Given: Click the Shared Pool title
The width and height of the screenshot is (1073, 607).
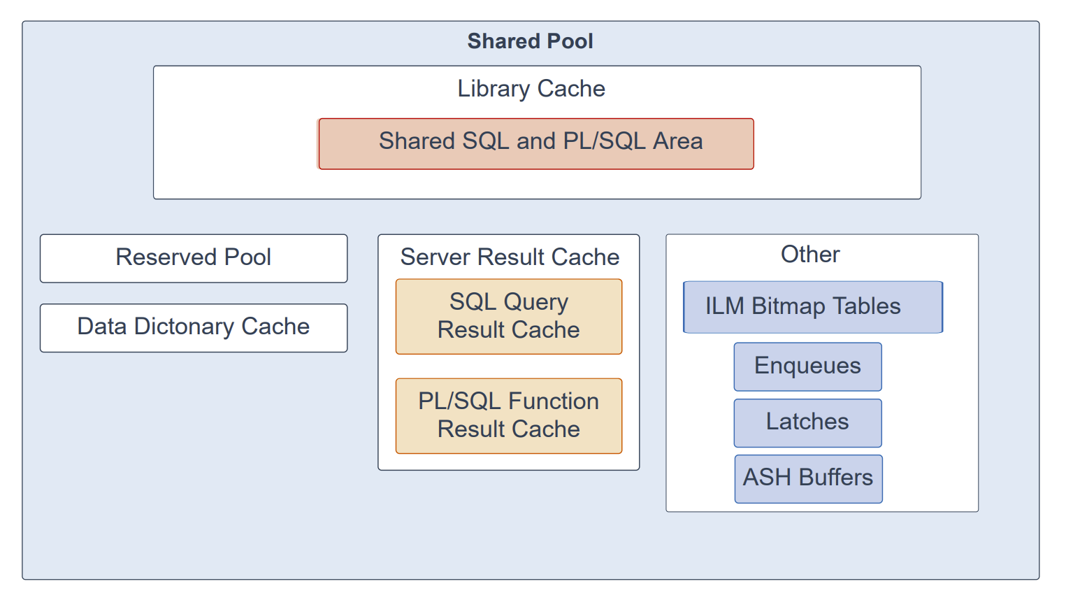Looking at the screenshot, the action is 531,41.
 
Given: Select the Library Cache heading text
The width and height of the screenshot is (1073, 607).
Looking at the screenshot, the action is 531,89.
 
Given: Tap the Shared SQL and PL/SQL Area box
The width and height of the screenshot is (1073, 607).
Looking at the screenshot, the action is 536,144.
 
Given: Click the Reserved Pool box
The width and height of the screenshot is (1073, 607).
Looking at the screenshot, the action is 194,258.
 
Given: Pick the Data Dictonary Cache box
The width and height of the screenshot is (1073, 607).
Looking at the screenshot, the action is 194,328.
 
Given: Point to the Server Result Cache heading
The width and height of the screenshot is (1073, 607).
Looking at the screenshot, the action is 510,257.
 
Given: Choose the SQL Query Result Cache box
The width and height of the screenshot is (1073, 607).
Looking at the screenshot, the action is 509,317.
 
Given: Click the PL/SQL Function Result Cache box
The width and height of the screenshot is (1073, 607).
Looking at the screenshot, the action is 509,416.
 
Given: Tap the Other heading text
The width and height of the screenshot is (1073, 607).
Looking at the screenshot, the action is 810,254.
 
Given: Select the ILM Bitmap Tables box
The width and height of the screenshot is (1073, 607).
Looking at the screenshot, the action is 813,307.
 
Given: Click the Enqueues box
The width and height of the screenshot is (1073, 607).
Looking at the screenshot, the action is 808,366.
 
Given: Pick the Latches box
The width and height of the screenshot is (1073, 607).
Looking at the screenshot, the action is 808,423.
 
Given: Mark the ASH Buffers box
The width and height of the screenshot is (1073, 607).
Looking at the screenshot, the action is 809,479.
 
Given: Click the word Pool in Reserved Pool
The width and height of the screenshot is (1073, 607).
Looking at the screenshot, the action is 247,257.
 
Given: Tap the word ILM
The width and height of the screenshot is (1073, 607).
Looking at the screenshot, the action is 725,306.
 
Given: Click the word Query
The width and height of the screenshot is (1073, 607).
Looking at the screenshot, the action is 536,303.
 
